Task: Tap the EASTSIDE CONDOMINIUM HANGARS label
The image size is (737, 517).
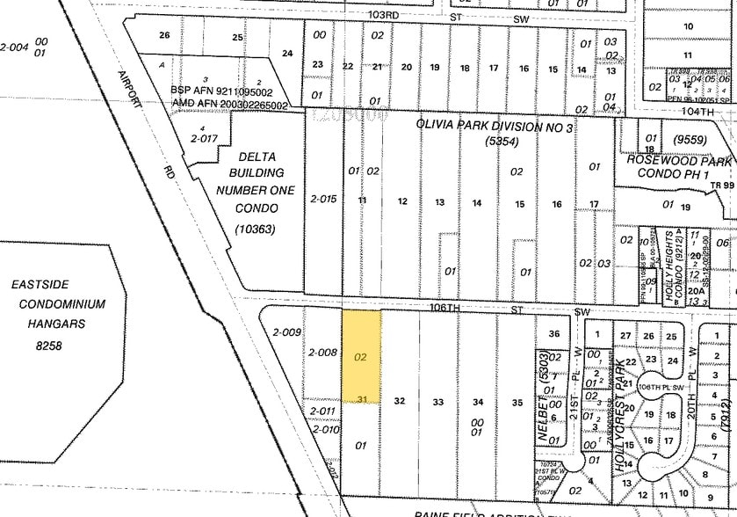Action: coord(58,304)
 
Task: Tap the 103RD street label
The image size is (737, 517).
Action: coord(387,15)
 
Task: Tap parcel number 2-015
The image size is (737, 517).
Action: coord(323,200)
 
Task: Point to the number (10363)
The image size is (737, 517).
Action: coord(256,229)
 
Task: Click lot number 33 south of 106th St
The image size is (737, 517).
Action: coord(437,401)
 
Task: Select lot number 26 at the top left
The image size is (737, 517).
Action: coord(163,35)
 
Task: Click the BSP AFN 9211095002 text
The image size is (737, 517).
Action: coord(222,91)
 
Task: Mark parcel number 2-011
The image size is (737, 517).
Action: coord(322,411)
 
